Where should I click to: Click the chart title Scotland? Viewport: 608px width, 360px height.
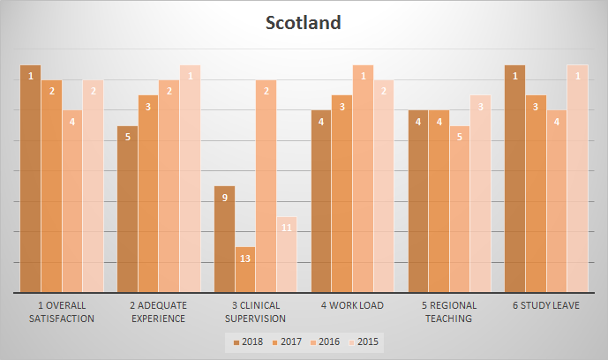point(304,23)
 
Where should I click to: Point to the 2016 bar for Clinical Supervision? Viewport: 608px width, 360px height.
point(266,186)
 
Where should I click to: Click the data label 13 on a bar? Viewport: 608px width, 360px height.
point(245,259)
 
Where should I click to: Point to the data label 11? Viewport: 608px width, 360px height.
point(287,228)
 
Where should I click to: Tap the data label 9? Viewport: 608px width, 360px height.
point(225,198)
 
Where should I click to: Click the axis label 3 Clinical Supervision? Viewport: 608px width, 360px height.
point(256,312)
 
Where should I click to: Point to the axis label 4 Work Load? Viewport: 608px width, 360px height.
point(353,306)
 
